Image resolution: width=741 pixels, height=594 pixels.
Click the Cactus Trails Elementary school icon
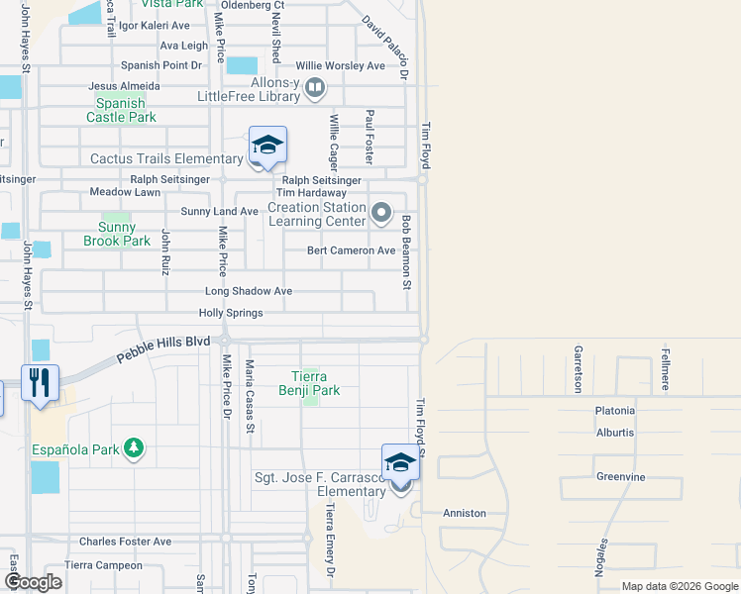(x=267, y=147)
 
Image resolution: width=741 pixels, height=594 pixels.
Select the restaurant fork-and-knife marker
(x=40, y=382)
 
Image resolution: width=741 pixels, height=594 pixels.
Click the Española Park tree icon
(x=135, y=449)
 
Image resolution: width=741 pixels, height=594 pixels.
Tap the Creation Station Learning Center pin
(x=381, y=213)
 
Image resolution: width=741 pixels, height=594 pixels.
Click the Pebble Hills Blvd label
(x=163, y=348)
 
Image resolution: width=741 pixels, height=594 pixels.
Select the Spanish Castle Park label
(x=121, y=110)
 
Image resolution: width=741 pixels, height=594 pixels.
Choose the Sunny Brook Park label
(x=117, y=234)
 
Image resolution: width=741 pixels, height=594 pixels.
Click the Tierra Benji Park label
(x=315, y=383)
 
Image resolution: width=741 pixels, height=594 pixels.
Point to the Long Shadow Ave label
(x=249, y=292)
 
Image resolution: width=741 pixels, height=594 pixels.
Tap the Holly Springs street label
(x=231, y=313)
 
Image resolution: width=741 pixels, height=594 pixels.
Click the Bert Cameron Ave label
(x=351, y=250)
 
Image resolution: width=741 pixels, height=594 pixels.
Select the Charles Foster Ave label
(x=126, y=542)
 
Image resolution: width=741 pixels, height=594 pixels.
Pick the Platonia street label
(x=615, y=411)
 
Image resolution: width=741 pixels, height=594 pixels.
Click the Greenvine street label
(x=621, y=477)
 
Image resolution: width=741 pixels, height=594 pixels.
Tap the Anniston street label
(x=465, y=513)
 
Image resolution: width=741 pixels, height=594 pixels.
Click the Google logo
(x=33, y=582)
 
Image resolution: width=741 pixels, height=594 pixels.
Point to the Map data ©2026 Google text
(x=680, y=586)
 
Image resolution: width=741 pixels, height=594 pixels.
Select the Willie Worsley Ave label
(x=348, y=65)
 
